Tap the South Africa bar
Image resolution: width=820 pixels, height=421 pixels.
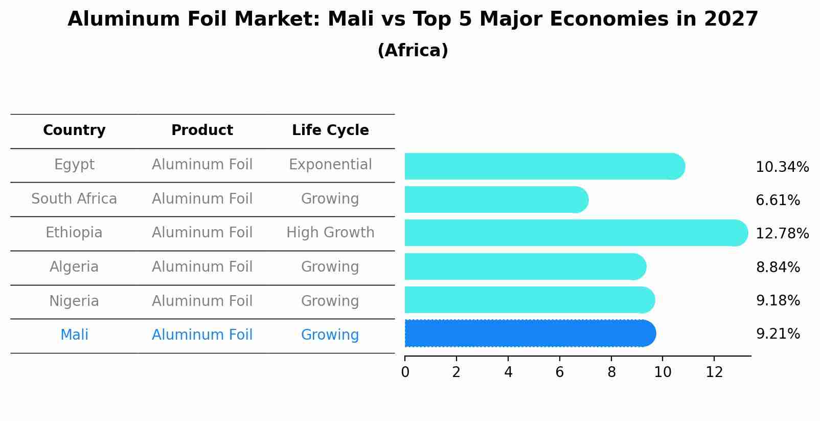click(x=496, y=200)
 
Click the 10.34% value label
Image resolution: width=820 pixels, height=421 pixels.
click(x=782, y=167)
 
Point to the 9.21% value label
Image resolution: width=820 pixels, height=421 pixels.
click(x=778, y=334)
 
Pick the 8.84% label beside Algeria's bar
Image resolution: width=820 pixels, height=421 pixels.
click(x=778, y=267)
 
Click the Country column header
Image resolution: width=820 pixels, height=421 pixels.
click(x=74, y=130)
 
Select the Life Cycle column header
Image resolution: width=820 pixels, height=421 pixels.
click(x=330, y=130)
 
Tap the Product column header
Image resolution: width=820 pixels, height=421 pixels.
click(x=202, y=130)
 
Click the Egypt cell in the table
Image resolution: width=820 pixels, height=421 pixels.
click(x=74, y=165)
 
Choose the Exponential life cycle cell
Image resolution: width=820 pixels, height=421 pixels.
click(x=330, y=165)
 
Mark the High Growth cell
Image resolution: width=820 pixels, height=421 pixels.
click(x=330, y=233)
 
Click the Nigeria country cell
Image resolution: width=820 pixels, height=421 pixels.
click(x=74, y=301)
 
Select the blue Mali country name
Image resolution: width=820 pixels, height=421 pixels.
click(x=74, y=335)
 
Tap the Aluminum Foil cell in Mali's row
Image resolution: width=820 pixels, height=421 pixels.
click(x=202, y=335)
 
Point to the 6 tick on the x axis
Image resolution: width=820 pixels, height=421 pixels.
click(x=559, y=372)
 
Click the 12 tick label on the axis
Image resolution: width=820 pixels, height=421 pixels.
click(x=714, y=372)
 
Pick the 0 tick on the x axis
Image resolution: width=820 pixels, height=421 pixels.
click(x=405, y=372)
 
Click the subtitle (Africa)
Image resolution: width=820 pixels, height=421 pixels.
click(x=413, y=51)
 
